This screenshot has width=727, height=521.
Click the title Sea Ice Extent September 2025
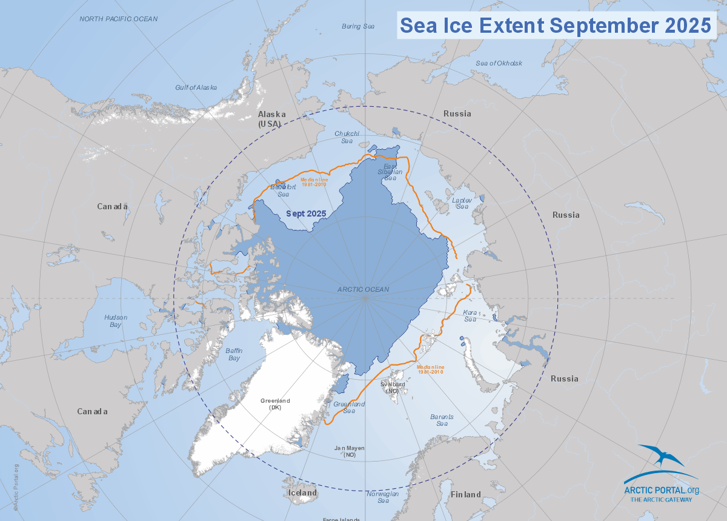(x=556, y=25)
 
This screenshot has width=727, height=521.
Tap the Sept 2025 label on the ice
(x=307, y=213)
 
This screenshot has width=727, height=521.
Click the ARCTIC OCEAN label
(x=363, y=289)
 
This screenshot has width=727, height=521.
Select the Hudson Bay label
(x=113, y=321)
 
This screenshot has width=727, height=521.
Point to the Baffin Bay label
(x=234, y=354)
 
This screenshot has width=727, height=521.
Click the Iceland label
(x=302, y=493)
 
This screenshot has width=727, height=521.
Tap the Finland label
(x=465, y=494)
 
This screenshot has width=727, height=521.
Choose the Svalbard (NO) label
(x=393, y=388)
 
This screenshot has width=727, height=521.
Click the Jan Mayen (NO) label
(x=350, y=451)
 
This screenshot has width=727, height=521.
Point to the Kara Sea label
(x=470, y=315)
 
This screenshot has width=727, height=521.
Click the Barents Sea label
(x=442, y=420)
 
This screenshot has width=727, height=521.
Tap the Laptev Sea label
(x=462, y=203)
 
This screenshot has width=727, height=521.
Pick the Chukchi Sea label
(x=347, y=137)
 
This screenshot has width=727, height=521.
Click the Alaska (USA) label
(x=270, y=118)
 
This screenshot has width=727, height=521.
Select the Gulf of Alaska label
(x=196, y=87)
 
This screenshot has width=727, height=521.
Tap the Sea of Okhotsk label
(x=499, y=63)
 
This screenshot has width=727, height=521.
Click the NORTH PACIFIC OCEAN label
(x=119, y=19)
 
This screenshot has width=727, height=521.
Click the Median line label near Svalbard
(x=430, y=369)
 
